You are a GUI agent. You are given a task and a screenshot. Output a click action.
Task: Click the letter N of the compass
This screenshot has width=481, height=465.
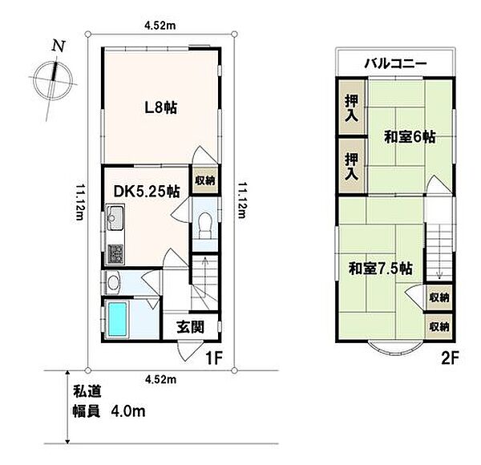click(59, 46)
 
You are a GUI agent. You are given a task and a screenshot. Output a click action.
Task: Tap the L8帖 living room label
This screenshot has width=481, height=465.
click(161, 108)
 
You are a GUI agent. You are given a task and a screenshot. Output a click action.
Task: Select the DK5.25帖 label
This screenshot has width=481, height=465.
click(147, 192)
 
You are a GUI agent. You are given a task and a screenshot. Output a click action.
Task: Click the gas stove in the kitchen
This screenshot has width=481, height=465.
click(115, 253)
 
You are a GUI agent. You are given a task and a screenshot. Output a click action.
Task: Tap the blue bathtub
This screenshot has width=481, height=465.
click(118, 319)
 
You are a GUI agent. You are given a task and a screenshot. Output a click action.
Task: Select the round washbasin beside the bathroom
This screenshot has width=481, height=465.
click(113, 282)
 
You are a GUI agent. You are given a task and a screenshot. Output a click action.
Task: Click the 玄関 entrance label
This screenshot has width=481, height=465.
click(190, 327)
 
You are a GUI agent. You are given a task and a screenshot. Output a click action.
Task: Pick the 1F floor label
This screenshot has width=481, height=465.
click(213, 358)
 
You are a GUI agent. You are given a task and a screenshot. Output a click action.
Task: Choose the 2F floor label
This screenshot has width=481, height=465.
click(450, 358)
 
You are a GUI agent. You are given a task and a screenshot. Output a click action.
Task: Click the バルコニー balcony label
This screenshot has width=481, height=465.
click(395, 63)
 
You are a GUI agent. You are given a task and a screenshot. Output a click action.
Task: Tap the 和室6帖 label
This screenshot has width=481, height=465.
click(410, 137)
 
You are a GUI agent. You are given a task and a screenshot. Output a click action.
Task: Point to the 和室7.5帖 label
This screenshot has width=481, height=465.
click(381, 269)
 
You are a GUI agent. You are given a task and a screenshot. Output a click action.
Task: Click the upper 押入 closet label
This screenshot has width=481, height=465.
click(352, 108)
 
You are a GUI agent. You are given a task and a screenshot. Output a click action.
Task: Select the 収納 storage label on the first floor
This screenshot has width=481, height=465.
click(205, 180)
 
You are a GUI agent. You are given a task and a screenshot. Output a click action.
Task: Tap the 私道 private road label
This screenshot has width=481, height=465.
click(87, 391)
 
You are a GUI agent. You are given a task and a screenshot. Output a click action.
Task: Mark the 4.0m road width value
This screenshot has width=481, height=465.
click(128, 411)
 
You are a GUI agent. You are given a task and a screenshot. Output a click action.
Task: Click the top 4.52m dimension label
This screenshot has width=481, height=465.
click(160, 26)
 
